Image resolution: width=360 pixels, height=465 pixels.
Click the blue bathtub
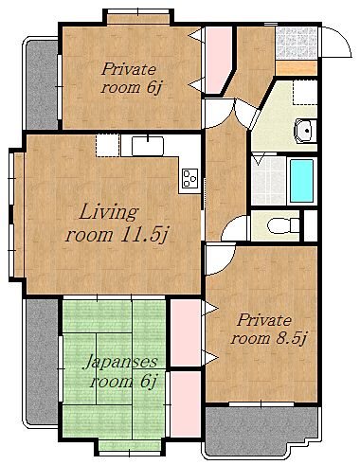[x=301, y=180]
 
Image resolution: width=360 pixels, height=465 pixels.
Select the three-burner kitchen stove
[x=190, y=179]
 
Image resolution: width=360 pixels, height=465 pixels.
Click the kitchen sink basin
[x=148, y=146]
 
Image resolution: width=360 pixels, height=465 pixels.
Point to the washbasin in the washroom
[x=305, y=131]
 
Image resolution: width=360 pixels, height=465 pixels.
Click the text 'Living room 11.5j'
[x=117, y=224]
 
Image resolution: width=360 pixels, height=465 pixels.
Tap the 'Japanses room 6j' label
[x=120, y=371]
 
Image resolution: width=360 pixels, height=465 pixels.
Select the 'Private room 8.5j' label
[x=268, y=330]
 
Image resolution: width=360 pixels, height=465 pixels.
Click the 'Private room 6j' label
[x=131, y=78]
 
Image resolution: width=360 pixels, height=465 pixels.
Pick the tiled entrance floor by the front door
[x=297, y=43]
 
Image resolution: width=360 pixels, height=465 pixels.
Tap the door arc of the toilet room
[x=234, y=227]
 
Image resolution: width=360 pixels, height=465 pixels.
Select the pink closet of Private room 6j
[x=219, y=60]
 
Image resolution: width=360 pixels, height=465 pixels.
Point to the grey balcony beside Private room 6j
[x=42, y=84]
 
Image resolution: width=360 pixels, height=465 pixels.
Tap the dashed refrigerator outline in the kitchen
[x=108, y=145]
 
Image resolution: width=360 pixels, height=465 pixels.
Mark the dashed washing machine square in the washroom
[x=305, y=92]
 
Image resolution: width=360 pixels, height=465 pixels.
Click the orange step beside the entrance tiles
[x=297, y=68]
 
